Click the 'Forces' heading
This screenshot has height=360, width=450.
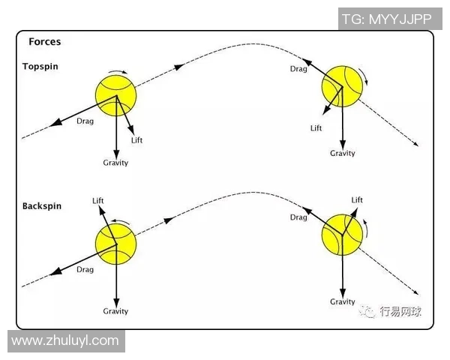tap(44, 42)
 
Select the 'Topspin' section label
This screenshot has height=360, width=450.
tap(40, 66)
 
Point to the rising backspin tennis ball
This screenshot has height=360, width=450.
tap(116, 242)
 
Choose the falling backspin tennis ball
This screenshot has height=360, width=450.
tap(341, 234)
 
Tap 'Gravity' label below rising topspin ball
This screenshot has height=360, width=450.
tap(116, 163)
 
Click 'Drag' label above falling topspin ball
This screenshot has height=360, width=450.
tap(298, 69)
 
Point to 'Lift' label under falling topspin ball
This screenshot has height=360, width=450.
tap(316, 128)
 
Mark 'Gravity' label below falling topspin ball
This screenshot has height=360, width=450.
tap(343, 153)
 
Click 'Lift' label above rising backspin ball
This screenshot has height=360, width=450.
tap(97, 200)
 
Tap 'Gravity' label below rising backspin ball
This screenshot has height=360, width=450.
tap(116, 311)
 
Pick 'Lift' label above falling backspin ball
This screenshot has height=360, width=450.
tap(357, 200)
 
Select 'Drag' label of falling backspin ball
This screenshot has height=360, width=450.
tap(298, 217)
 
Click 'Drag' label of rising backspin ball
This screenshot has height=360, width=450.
tap(85, 269)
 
